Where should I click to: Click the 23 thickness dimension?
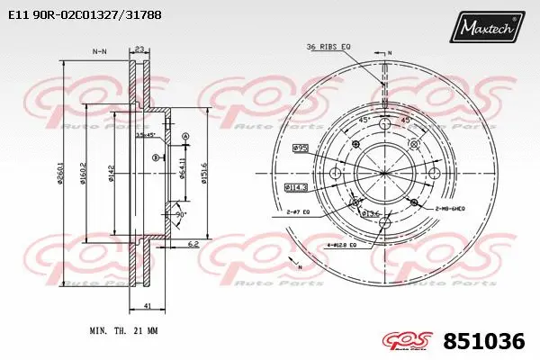tap(139, 50)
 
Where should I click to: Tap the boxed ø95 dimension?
tap(301, 147)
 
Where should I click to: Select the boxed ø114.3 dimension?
tap(296, 187)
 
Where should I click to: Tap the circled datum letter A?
tap(186, 137)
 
